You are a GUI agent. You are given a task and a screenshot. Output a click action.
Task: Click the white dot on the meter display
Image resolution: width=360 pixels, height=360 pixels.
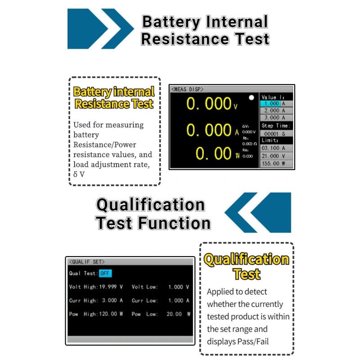252,98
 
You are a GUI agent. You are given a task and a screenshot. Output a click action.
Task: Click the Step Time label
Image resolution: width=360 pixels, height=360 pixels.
276,126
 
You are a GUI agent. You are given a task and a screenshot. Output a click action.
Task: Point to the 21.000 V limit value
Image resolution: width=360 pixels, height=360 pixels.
274,156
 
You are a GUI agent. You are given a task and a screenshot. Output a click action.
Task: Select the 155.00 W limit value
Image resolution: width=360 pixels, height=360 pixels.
274,163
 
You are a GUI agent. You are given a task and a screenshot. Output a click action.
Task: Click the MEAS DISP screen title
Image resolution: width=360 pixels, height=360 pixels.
187,89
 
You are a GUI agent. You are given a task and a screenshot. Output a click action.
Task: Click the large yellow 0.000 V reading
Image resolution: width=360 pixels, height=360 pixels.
211,103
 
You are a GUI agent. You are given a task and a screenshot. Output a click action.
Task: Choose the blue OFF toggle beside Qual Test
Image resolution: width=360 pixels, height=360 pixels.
105,273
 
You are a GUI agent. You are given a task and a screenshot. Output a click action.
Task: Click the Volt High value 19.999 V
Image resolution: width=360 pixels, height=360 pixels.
111,287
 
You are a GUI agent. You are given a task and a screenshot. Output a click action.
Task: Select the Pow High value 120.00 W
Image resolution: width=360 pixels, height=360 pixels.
111,314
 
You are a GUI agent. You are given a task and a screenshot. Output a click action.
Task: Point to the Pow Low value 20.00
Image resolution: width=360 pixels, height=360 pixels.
174,314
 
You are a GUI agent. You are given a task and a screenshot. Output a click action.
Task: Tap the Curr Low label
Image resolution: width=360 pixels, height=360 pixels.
144,300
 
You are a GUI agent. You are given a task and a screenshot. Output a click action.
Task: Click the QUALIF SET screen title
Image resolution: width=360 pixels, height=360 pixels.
87,262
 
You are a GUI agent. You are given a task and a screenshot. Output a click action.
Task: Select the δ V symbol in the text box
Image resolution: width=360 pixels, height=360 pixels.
79,174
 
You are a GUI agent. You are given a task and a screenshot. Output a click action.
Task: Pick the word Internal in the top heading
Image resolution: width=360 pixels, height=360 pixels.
237,22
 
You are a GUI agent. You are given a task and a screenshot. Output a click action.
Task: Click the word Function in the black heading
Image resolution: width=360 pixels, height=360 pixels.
174,223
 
